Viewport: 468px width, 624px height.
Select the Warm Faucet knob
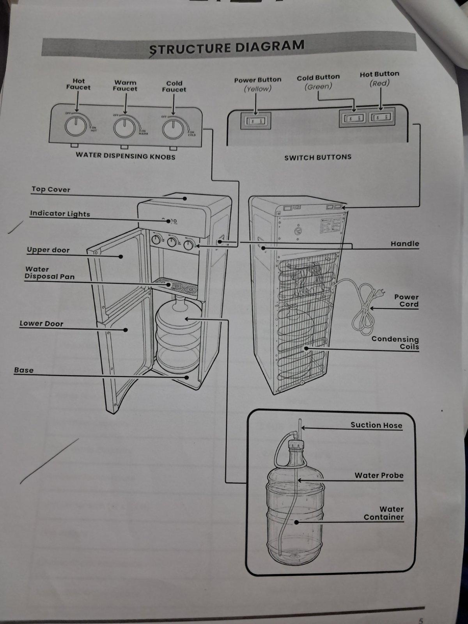[x=124, y=128]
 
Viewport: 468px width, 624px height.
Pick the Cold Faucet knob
[x=173, y=129]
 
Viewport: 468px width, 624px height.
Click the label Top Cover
[x=51, y=190]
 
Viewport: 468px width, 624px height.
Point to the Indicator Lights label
[x=60, y=214]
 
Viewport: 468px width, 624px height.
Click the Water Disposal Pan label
[x=50, y=273]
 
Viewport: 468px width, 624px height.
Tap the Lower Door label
[x=41, y=324]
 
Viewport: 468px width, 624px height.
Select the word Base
[x=24, y=370]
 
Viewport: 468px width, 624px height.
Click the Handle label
[x=404, y=244]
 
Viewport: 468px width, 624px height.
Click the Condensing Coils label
[x=395, y=343]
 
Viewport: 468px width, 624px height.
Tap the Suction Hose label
[x=376, y=425]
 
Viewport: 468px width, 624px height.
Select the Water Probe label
[x=379, y=475]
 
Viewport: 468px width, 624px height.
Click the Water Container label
[x=384, y=513]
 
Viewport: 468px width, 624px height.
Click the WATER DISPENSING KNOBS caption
[x=125, y=156]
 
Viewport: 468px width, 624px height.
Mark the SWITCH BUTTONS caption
[x=317, y=157]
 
